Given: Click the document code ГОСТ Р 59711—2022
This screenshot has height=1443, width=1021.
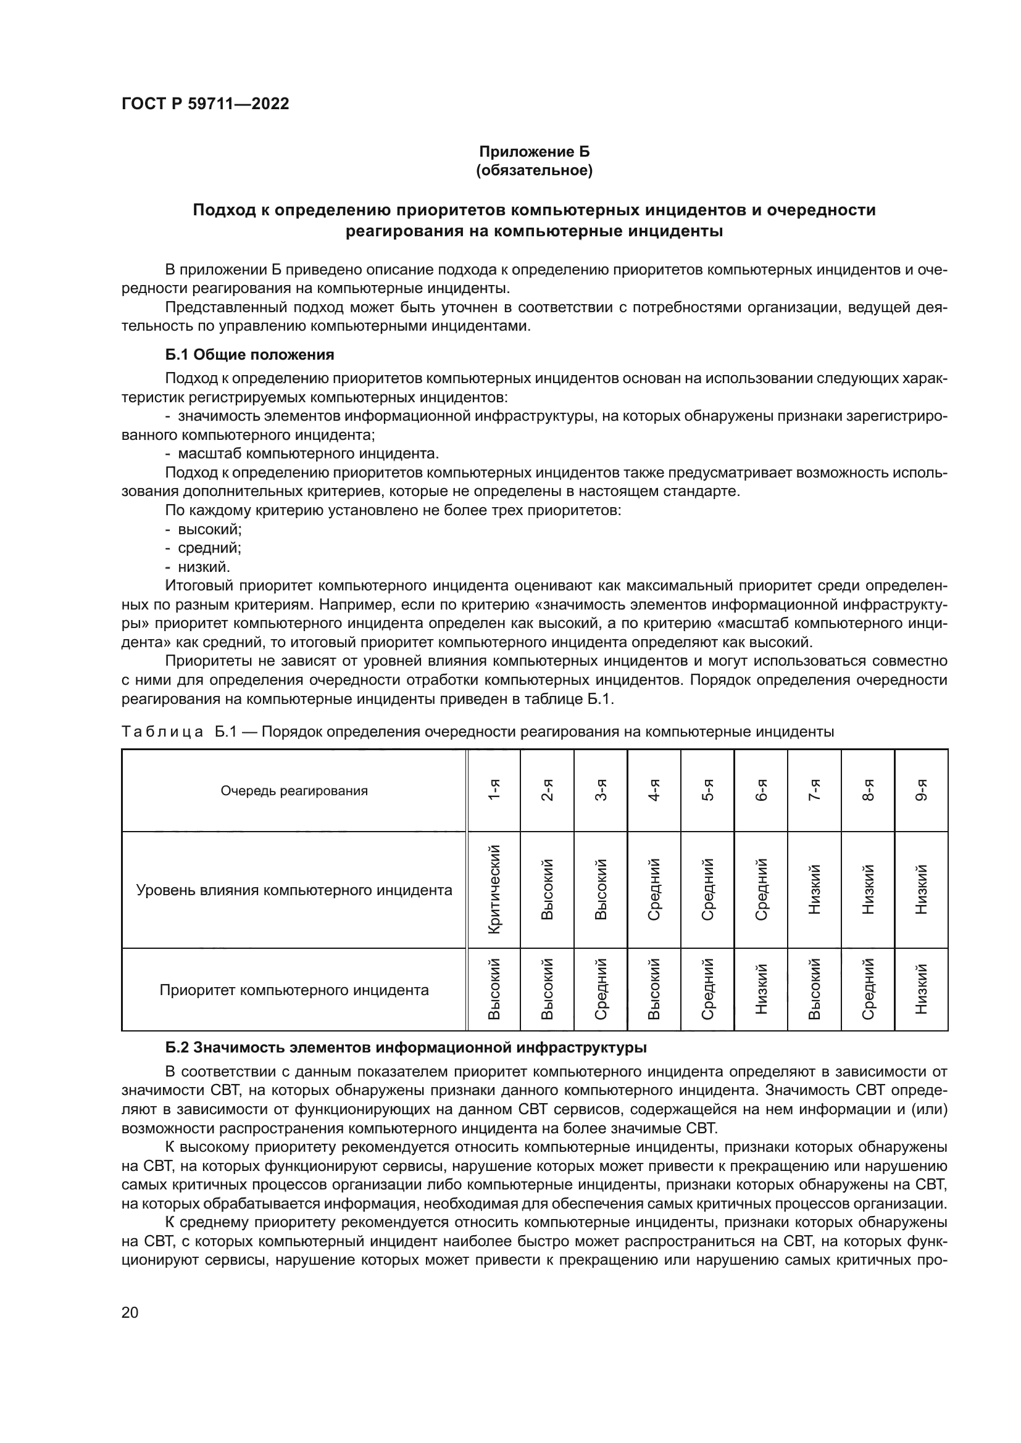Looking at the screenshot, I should (205, 104).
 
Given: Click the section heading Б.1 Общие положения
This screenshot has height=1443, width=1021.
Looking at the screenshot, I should (249, 355).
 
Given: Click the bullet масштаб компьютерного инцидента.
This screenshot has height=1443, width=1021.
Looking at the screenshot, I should (308, 454).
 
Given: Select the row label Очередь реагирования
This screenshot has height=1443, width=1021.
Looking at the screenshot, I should (294, 791).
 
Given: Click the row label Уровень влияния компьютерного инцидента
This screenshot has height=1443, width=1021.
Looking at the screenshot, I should (294, 890).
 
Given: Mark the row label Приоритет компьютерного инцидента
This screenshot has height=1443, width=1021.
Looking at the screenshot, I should (294, 990).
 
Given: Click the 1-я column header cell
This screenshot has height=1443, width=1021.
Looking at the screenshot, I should (494, 791).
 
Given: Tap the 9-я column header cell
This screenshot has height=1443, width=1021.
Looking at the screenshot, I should (921, 791).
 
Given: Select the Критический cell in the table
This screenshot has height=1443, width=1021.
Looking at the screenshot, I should (494, 890).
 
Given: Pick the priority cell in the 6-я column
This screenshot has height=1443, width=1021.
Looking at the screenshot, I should (761, 989).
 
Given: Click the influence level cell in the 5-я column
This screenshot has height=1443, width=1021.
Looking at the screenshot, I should (707, 890).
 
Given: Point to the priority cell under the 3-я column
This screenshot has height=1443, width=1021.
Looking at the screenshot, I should (601, 989).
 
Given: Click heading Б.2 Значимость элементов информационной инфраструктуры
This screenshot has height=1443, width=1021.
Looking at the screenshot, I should (406, 1048).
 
